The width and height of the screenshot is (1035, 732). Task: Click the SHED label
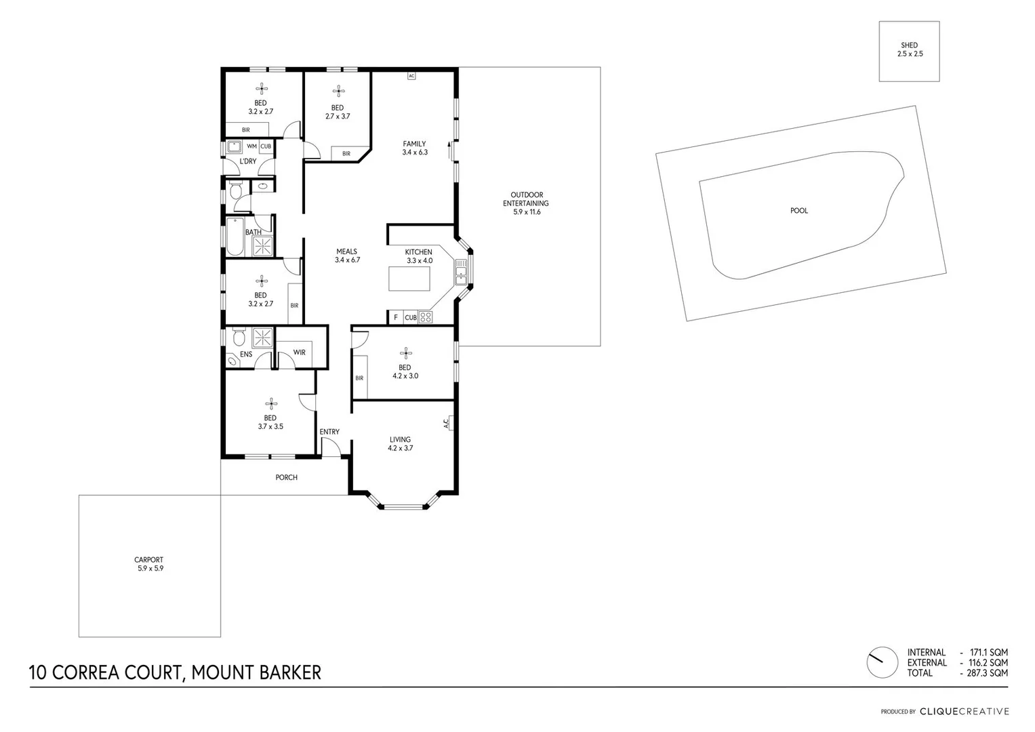click(x=909, y=45)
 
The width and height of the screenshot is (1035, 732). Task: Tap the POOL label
click(x=799, y=211)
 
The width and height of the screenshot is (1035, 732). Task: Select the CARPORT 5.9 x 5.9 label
click(x=149, y=564)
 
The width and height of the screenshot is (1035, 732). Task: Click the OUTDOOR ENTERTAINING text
click(x=526, y=199)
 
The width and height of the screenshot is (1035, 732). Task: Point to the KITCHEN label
click(x=418, y=252)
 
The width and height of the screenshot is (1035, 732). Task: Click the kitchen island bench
click(x=410, y=279)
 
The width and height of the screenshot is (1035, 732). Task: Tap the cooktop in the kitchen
click(x=426, y=317)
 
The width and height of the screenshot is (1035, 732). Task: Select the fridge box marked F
click(x=395, y=317)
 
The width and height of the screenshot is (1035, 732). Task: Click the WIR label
click(x=299, y=352)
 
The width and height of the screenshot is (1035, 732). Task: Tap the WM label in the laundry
click(x=251, y=146)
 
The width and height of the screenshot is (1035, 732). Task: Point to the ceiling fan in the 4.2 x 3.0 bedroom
click(x=405, y=352)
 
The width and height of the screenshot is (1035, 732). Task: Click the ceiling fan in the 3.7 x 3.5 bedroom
click(x=270, y=403)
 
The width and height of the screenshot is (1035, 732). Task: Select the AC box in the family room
click(x=411, y=76)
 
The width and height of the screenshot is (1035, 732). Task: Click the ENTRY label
click(x=329, y=432)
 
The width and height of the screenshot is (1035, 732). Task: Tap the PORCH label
click(x=286, y=478)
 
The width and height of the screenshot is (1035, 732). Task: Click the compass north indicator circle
click(x=882, y=662)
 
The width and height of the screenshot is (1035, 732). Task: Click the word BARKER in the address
click(x=290, y=672)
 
